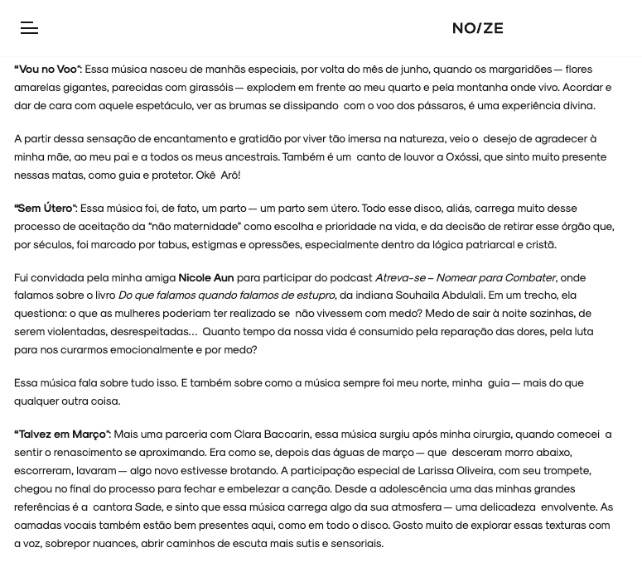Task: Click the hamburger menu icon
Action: pos(29,28)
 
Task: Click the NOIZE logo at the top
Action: pos(477,28)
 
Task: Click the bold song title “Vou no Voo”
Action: pos(47,70)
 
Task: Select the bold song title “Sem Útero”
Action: pos(45,209)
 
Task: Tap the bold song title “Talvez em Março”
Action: pos(62,435)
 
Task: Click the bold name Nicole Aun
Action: pos(205,278)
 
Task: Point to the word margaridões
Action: pos(519,70)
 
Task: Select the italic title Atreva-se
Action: pos(400,278)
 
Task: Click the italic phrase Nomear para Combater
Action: pos(495,278)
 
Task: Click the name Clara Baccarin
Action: pos(272,435)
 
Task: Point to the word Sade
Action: pos(148,507)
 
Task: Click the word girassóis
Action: pos(210,88)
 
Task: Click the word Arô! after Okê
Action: pos(230,175)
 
